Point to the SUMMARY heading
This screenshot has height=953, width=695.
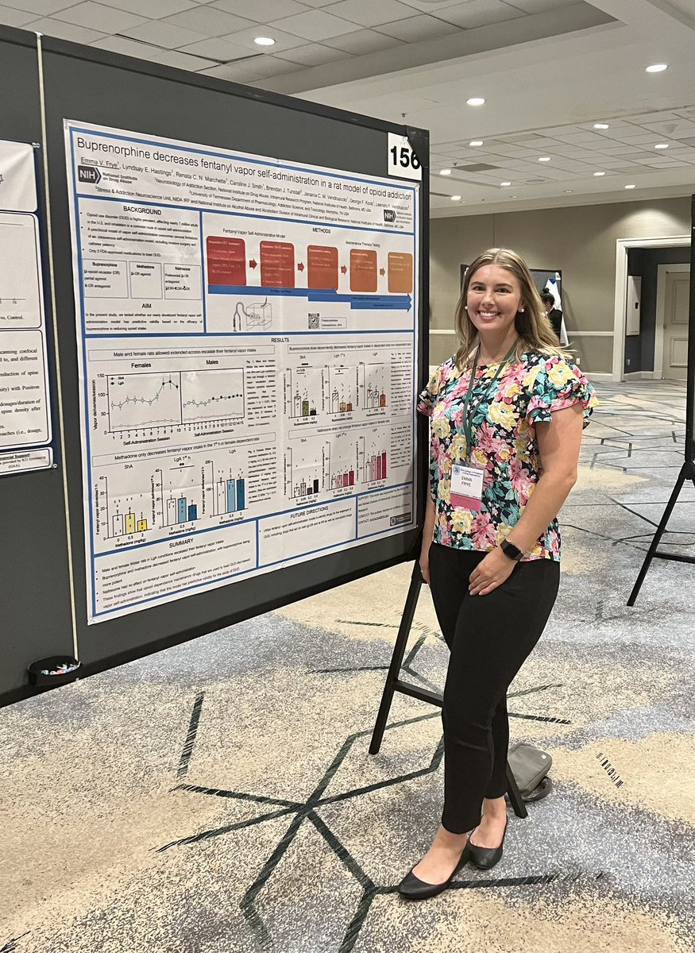[x=180, y=542]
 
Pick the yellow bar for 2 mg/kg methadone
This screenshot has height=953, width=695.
[x=142, y=525]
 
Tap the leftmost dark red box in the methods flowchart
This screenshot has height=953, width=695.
[x=226, y=262]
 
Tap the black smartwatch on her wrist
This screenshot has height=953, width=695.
[x=512, y=550]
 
